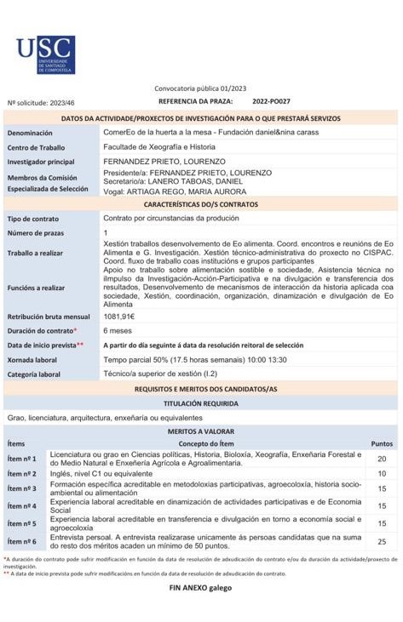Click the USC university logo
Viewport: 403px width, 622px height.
[45, 54]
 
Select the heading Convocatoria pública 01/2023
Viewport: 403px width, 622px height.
[200, 88]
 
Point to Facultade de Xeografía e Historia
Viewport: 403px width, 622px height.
[159, 147]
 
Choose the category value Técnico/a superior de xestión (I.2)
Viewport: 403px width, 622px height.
[160, 374]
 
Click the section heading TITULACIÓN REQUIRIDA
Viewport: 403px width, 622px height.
[201, 403]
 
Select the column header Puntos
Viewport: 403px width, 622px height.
[382, 443]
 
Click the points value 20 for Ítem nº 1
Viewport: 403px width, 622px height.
[382, 459]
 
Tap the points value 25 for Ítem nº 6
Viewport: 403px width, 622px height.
[382, 541]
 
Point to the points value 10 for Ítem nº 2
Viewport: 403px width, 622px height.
[382, 474]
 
